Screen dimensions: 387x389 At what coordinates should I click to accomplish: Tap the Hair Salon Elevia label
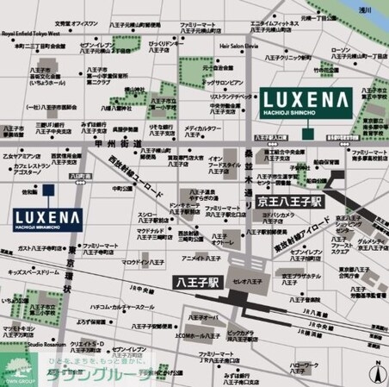[239, 46]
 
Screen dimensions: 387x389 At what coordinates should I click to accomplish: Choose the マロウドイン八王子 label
[143, 260]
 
